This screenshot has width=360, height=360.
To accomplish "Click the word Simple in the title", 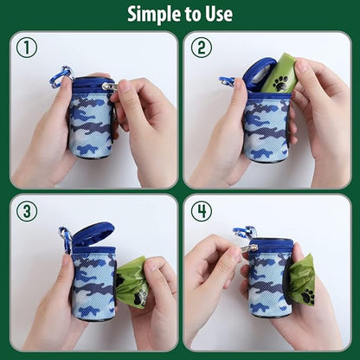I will (153, 14).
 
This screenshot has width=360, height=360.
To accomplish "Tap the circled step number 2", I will (201, 48).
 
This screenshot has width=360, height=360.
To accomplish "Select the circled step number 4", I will (201, 211).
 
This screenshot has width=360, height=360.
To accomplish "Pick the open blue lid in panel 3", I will (93, 235).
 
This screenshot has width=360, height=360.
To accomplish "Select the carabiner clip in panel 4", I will (245, 232).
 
